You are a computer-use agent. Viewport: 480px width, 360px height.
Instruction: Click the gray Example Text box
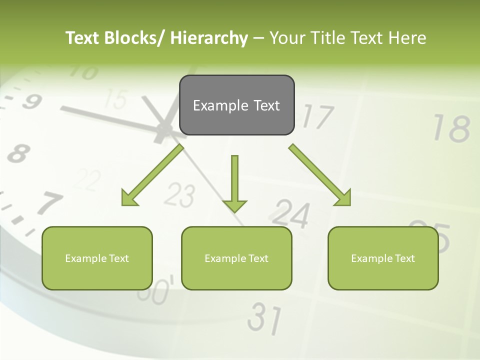[236, 105]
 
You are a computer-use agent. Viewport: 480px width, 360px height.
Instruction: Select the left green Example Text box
[97, 258]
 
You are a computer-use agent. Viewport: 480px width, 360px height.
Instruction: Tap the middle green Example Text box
[236, 258]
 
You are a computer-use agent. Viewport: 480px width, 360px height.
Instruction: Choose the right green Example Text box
[383, 258]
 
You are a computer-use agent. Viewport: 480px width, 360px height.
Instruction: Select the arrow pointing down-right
[320, 175]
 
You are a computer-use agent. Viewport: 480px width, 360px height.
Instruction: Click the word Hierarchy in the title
[209, 38]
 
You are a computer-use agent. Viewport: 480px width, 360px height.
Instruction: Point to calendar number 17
[317, 116]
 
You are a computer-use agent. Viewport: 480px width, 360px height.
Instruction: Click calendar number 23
[179, 195]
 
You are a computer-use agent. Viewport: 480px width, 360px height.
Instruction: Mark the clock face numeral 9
[31, 101]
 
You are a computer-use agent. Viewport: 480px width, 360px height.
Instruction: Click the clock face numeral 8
[18, 153]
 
